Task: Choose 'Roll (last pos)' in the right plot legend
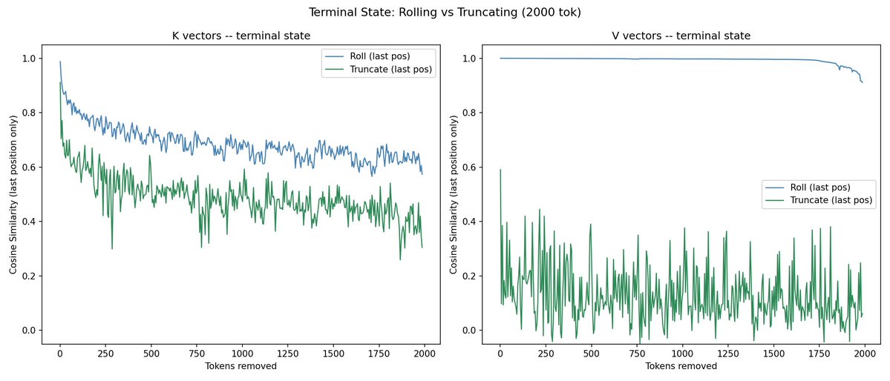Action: click(x=816, y=187)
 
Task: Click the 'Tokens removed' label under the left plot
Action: click(x=241, y=366)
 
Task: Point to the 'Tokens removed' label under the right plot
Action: click(x=681, y=366)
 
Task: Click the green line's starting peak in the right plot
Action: click(x=500, y=170)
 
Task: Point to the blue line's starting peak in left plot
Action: click(x=60, y=62)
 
